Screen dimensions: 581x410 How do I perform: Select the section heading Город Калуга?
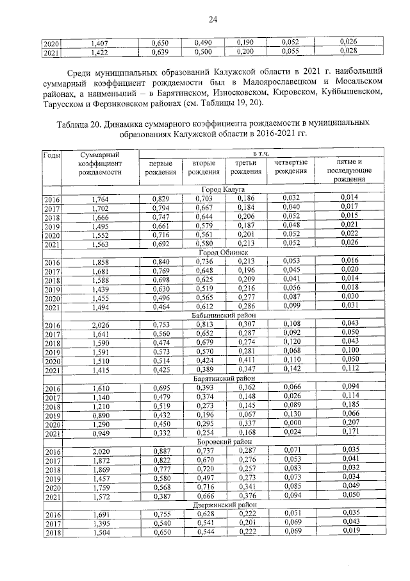[223, 190]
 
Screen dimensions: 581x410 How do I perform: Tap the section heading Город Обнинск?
[223, 253]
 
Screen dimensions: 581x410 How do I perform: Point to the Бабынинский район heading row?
[222, 316]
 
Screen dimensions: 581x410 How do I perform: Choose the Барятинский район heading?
[222, 378]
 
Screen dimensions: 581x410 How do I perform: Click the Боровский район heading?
[222, 441]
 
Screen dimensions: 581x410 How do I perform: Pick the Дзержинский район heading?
[222, 504]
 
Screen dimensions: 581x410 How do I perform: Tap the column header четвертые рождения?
[291, 167]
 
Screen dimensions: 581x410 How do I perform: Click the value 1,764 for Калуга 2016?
[100, 199]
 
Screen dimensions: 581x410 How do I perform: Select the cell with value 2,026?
[100, 325]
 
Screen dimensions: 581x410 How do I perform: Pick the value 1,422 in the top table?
[100, 52]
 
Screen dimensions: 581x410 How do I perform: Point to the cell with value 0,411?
[246, 361]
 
